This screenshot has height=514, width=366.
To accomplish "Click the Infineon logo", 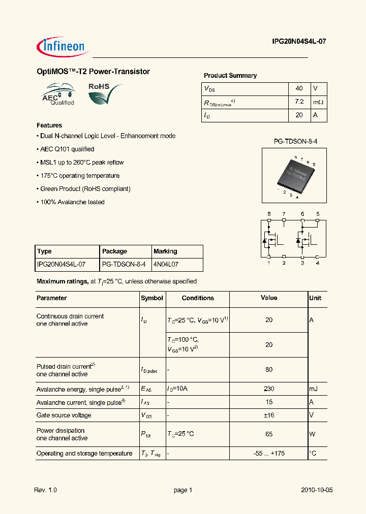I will pyautogui.click(x=62, y=46).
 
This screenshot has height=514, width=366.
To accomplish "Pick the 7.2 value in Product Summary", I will pyautogui.click(x=299, y=102).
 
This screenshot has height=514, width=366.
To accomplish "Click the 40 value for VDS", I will pyautogui.click(x=299, y=88).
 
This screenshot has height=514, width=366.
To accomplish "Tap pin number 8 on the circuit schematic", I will pyautogui.click(x=269, y=214).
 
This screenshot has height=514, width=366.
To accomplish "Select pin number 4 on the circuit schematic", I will pyautogui.click(x=317, y=263).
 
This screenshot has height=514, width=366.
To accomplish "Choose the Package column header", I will pyautogui.click(x=115, y=251).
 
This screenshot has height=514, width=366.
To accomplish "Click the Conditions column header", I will pyautogui.click(x=198, y=298).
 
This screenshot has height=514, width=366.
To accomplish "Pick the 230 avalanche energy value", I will pyautogui.click(x=269, y=389).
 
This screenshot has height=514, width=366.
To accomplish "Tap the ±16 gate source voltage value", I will pyautogui.click(x=269, y=415).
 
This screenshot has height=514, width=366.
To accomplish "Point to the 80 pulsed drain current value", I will pyautogui.click(x=269, y=370).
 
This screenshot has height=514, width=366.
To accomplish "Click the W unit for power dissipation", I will pyautogui.click(x=313, y=434).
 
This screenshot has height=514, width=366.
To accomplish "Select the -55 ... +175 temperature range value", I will pyautogui.click(x=269, y=453).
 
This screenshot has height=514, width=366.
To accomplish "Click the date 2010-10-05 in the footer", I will pyautogui.click(x=317, y=490).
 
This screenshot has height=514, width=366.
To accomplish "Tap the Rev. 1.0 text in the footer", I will pyautogui.click(x=46, y=490).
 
